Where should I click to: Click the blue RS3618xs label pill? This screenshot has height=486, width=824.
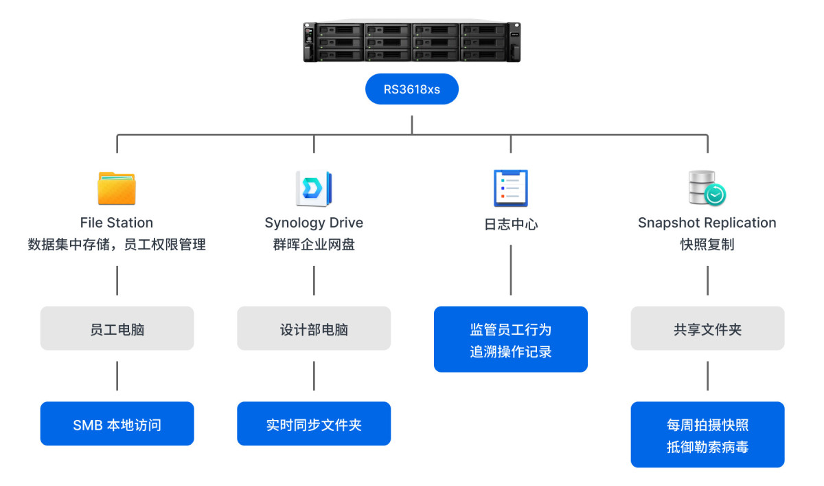click(x=411, y=89)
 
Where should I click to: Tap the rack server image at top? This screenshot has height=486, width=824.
click(x=411, y=43)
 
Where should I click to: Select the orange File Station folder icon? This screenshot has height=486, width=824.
click(x=117, y=188)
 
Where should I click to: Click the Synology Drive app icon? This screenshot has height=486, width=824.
click(x=314, y=188)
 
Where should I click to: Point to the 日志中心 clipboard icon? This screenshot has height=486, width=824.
click(x=510, y=188)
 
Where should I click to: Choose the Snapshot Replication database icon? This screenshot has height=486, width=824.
click(x=707, y=188)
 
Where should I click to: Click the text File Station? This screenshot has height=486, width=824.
click(x=117, y=223)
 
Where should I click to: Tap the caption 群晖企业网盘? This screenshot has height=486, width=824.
click(x=314, y=244)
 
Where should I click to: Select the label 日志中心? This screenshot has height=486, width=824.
click(x=510, y=224)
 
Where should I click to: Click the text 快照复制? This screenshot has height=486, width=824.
click(x=707, y=244)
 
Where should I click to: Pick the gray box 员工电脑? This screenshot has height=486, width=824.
click(x=117, y=329)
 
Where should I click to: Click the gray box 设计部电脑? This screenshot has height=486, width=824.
click(x=314, y=329)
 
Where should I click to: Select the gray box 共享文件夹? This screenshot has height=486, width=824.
click(x=707, y=329)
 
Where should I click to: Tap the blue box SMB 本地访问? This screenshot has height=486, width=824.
click(x=117, y=424)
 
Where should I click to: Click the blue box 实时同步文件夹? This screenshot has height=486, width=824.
click(x=314, y=424)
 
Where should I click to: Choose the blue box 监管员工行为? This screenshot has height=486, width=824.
click(x=510, y=340)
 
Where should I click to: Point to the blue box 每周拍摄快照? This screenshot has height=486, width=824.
click(x=707, y=435)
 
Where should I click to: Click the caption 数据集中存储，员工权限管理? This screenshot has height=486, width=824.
click(x=117, y=244)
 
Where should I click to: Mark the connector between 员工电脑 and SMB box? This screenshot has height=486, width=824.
click(x=117, y=376)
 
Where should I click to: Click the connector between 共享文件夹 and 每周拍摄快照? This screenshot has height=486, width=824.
click(x=707, y=376)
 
